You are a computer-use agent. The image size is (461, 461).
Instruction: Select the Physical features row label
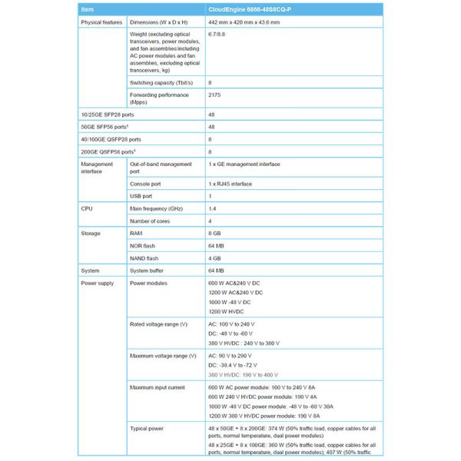click(x=101, y=22)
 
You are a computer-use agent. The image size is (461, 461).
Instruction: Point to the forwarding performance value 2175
click(x=215, y=95)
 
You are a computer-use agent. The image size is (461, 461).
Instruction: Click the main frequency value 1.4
click(x=212, y=208)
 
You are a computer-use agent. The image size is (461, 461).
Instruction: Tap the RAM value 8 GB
click(x=215, y=233)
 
